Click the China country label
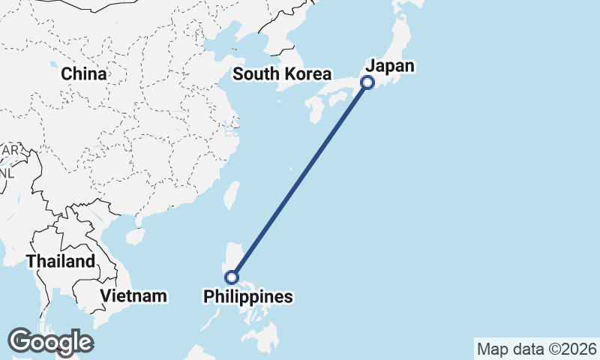84,73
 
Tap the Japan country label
389,66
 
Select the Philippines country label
248,297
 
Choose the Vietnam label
133,295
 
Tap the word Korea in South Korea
307,74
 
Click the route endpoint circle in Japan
367,82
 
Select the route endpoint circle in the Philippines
232,277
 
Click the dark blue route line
300,180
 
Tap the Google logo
50,342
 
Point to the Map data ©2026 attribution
537,349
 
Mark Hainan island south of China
135,236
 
